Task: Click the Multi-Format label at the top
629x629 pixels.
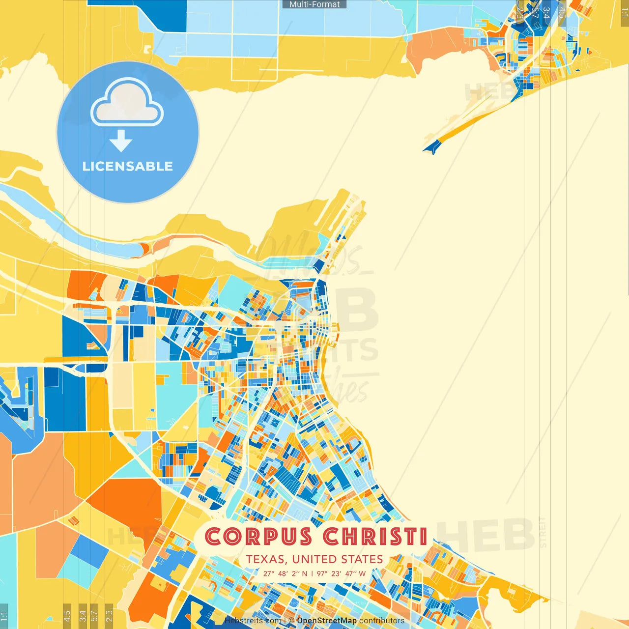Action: pos(314,4)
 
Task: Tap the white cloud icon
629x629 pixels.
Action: pos(127,104)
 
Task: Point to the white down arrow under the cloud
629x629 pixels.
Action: pos(121,142)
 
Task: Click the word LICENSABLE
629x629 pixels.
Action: pos(128,166)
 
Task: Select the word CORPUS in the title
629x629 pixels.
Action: pos(258,537)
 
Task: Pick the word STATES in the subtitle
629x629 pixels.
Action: pos(362,559)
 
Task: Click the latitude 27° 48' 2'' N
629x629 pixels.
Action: pos(286,573)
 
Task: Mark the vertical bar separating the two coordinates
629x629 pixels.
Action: pos(312,573)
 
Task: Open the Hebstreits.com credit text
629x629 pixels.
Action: pos(253,621)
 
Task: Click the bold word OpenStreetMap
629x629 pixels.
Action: pos(327,621)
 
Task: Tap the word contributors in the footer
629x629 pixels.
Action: pos(382,621)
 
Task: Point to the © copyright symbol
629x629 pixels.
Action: pos(291,621)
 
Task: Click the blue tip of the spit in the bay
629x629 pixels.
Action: pos(432,147)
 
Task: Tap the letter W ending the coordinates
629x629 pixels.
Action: pos(362,573)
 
